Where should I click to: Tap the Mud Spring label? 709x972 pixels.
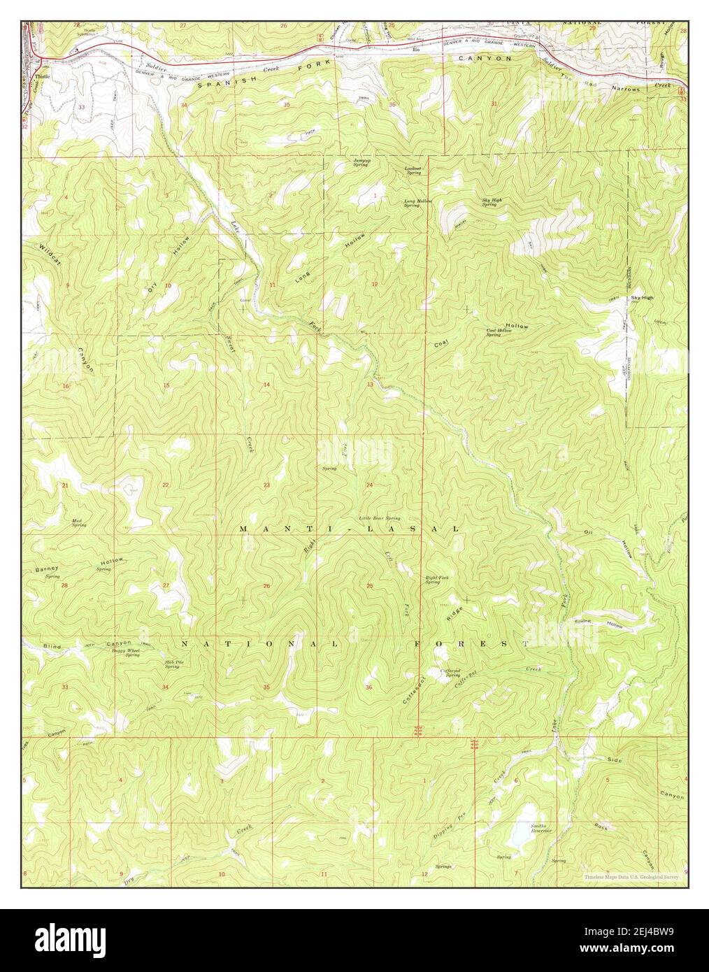(x=79, y=522)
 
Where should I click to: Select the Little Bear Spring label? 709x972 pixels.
(x=380, y=518)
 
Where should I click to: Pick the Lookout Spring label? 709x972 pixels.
(x=414, y=170)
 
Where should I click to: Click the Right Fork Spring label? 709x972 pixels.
(x=432, y=580)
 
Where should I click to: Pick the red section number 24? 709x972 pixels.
(x=369, y=485)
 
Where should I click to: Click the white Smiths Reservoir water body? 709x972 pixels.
(x=520, y=832)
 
